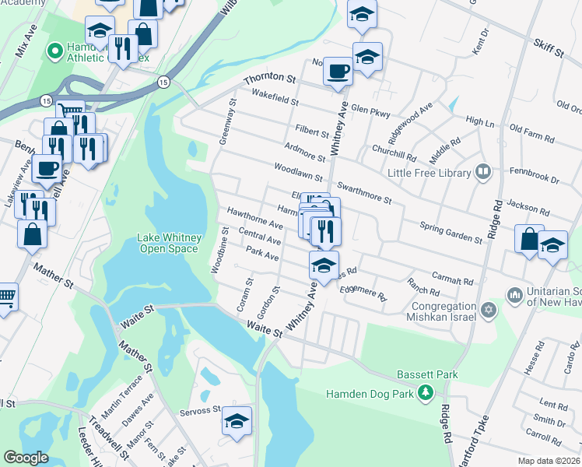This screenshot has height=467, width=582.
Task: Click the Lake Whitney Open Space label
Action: pos(170,243)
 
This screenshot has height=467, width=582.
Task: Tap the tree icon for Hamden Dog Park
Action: pos(425,393)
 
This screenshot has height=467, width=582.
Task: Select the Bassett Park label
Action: pos(426,374)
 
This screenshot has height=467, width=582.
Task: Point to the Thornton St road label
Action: pos(270,79)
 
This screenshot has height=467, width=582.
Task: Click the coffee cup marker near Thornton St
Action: pos(338,72)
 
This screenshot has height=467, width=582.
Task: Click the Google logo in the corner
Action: pos(26,457)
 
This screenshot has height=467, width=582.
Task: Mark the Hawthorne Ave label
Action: pos(254,217)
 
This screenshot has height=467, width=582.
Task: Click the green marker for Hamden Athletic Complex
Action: pos(55,51)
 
